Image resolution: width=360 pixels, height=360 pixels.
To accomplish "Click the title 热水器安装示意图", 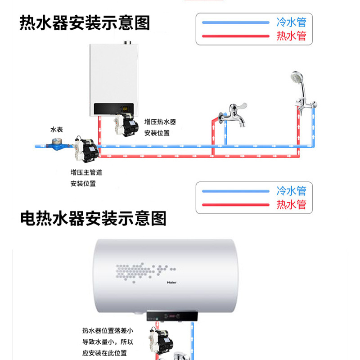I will (85, 23).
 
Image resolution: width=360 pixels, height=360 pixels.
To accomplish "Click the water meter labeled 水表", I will (57, 144).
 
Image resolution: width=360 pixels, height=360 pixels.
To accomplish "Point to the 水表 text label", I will (57, 130).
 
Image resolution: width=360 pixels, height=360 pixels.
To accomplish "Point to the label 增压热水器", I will (160, 122).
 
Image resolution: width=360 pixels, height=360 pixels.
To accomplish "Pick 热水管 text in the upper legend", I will (291, 36).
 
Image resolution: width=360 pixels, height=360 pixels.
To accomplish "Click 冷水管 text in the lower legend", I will (291, 190).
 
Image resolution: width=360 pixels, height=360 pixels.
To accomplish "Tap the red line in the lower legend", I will (236, 205).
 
